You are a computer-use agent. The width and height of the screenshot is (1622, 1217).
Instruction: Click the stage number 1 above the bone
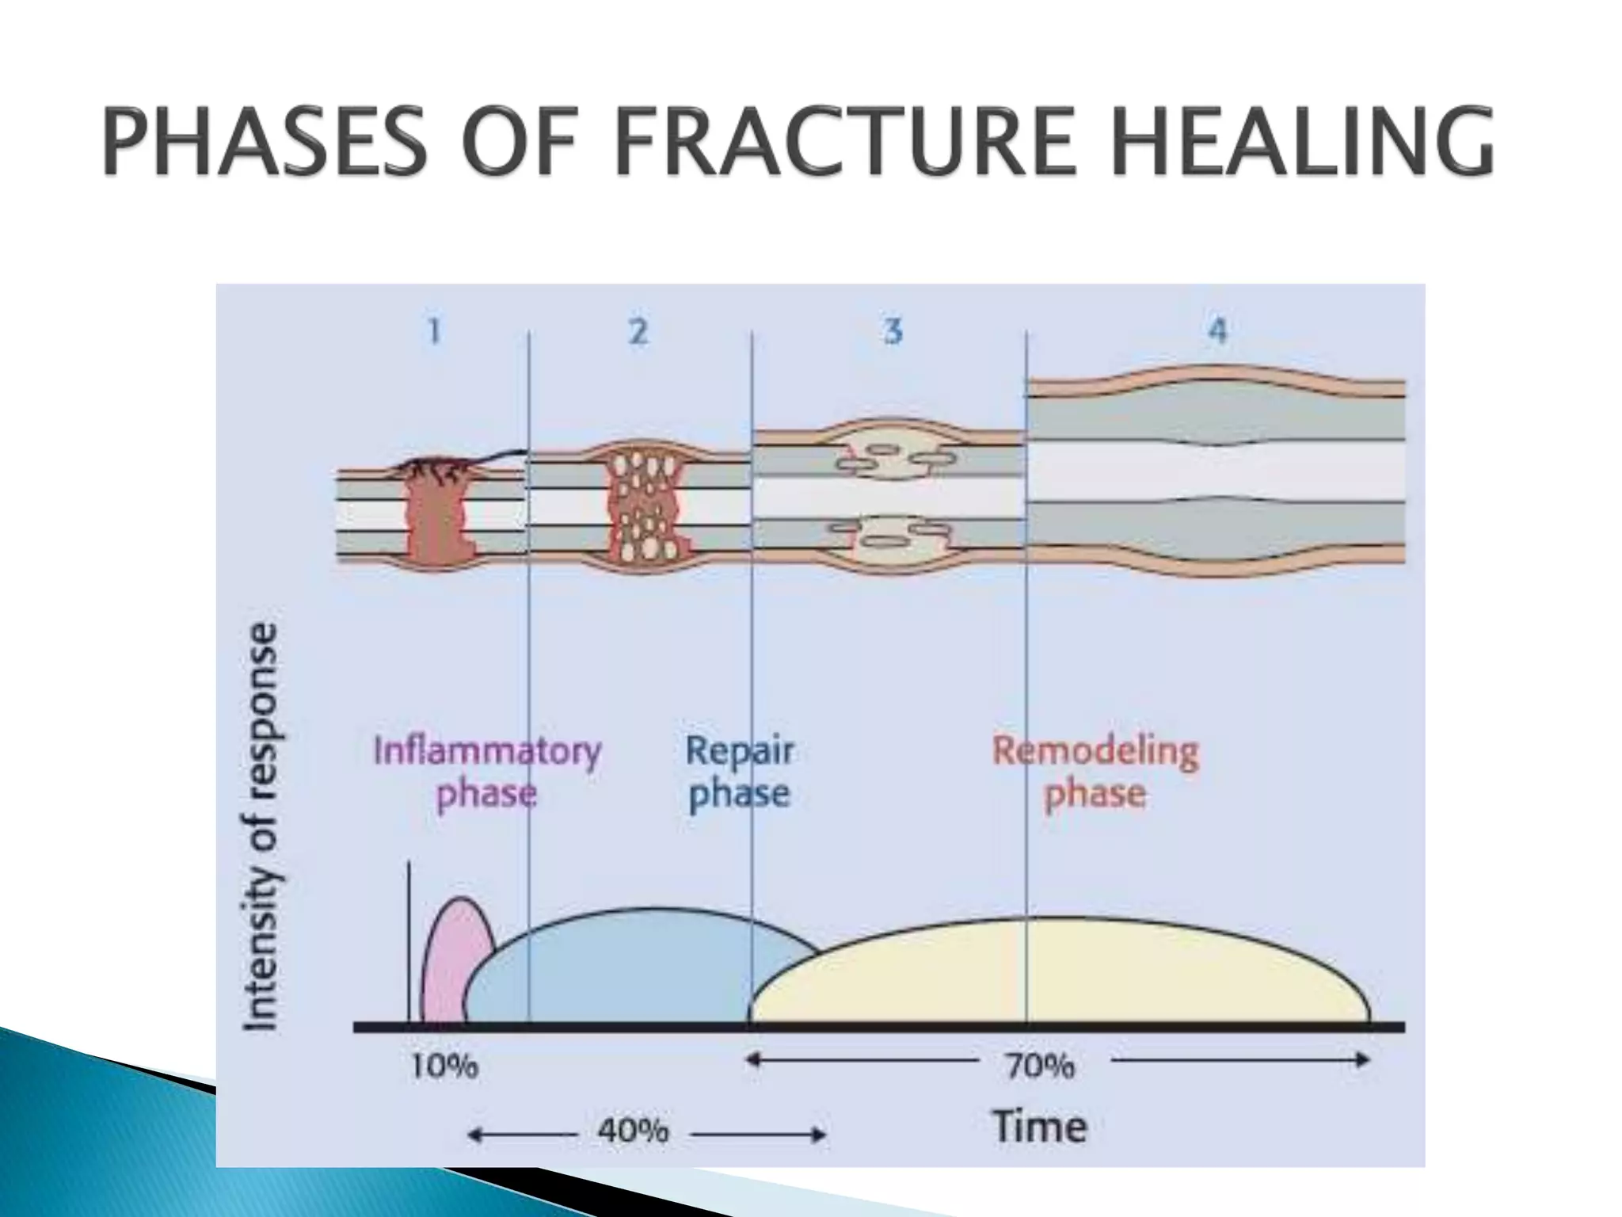click(x=434, y=330)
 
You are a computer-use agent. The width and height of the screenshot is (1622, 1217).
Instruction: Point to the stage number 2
click(x=638, y=330)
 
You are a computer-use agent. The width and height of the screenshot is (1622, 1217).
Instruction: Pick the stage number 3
click(x=893, y=330)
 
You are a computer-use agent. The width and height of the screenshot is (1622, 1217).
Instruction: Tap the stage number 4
click(x=1217, y=330)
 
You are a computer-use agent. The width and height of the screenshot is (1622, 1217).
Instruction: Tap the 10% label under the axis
click(x=444, y=1066)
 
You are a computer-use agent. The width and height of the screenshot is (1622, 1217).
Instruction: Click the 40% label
click(x=633, y=1130)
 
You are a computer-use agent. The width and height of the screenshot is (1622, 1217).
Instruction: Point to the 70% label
click(x=1040, y=1066)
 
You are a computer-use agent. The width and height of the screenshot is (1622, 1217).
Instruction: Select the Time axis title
click(x=1039, y=1126)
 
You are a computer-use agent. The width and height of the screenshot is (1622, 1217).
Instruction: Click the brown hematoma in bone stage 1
click(x=438, y=515)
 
